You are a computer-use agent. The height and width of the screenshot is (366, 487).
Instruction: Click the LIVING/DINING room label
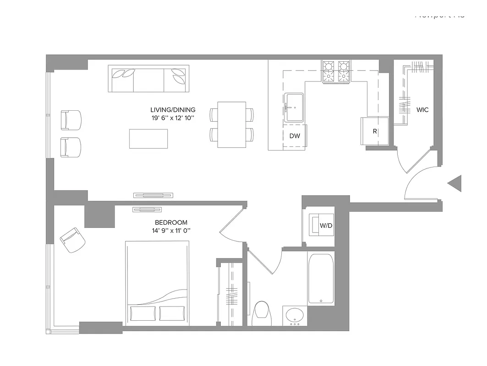173,110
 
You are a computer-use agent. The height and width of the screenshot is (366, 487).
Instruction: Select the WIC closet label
422,110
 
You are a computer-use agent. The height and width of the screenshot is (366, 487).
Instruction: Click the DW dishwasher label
295,136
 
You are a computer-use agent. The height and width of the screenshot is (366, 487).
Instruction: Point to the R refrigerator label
375,131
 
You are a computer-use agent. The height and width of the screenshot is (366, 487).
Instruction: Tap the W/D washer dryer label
326,226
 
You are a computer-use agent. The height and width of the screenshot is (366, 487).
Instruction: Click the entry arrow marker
455,183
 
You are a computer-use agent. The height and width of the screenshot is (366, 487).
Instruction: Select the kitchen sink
294,108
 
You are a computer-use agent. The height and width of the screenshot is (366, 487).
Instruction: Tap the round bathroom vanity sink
295,315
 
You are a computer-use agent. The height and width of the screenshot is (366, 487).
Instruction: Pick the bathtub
321,279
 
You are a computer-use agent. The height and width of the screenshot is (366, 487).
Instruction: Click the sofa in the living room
148,79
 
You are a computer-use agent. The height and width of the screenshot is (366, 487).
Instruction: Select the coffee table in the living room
148,139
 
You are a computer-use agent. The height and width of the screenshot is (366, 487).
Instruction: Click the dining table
231,124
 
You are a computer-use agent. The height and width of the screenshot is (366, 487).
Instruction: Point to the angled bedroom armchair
72,240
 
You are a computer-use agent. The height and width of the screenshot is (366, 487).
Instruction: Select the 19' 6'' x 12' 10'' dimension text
173,118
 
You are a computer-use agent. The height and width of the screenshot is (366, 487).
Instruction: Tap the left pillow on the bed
143,313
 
